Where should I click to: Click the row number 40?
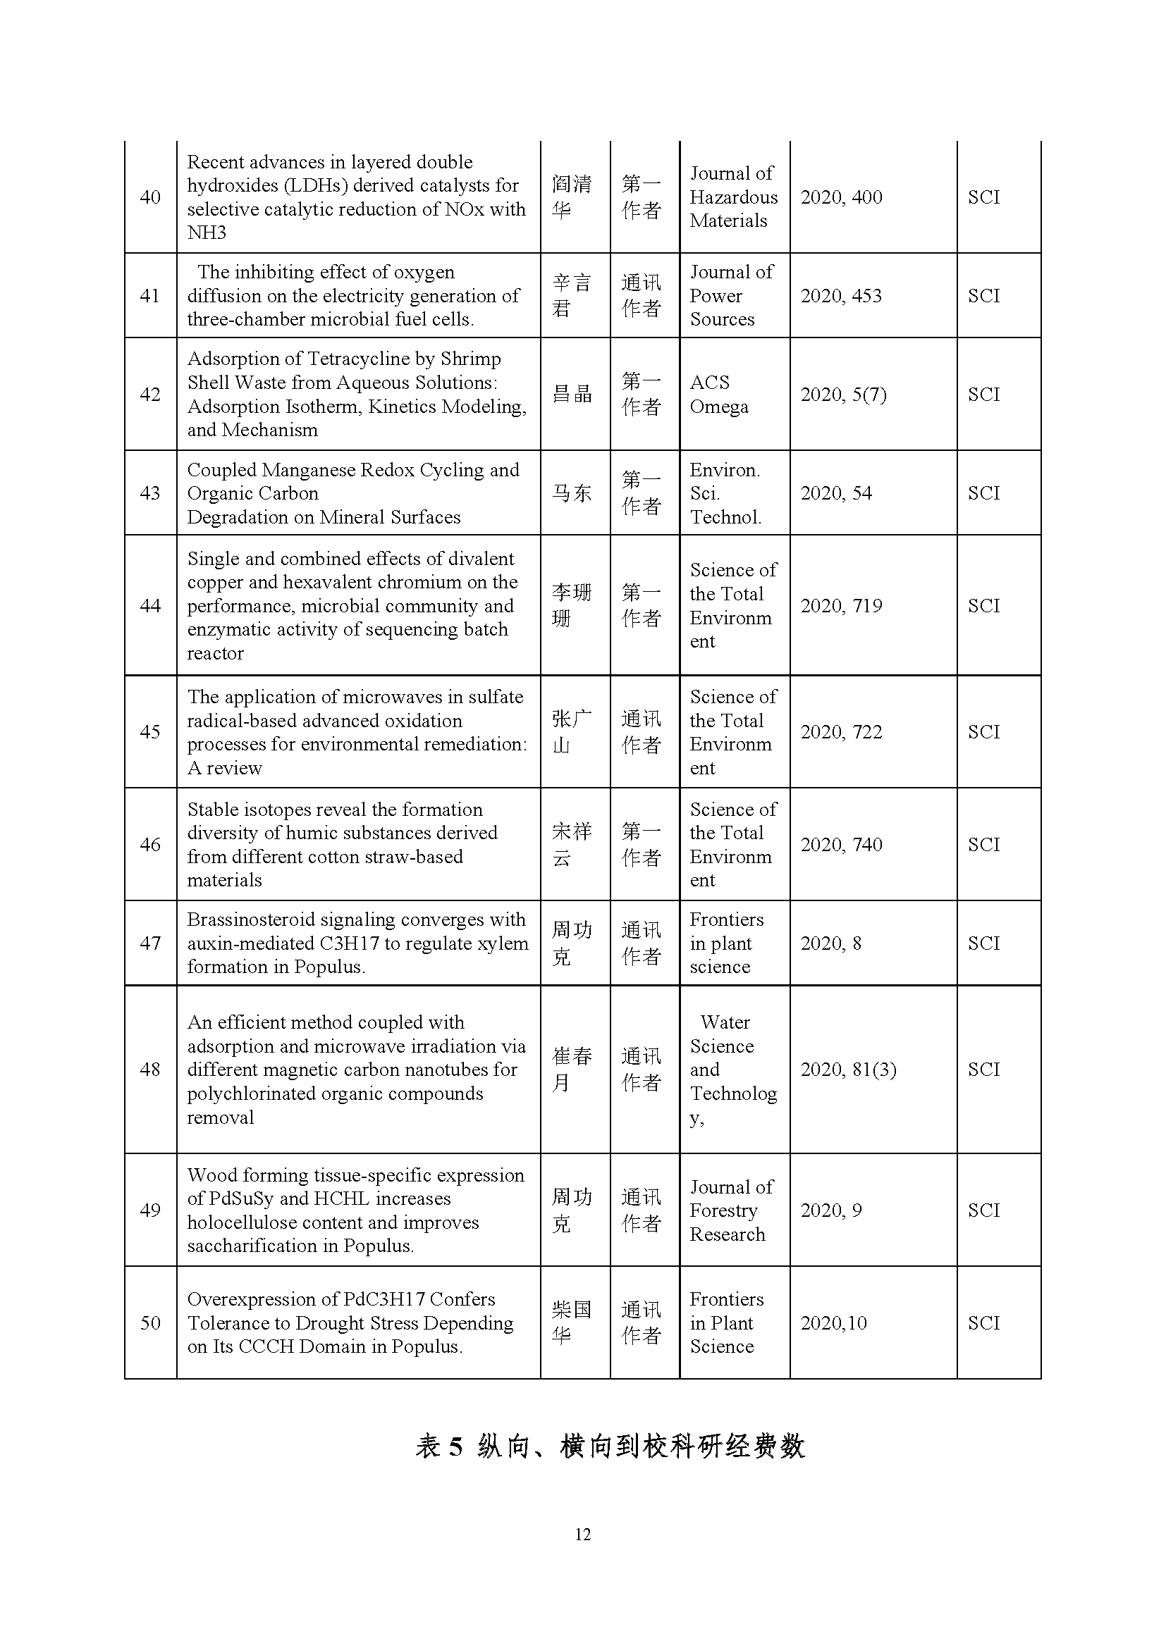(x=150, y=197)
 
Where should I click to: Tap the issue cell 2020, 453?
(x=841, y=296)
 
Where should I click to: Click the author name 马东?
(x=572, y=493)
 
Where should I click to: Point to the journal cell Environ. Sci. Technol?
(x=725, y=493)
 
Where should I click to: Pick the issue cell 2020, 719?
(x=841, y=606)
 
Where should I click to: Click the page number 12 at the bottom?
(x=582, y=1534)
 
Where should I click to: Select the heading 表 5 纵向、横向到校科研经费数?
(x=610, y=1446)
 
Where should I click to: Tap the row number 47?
(x=150, y=943)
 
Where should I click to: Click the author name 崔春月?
(x=572, y=1070)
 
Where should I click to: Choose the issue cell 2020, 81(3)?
(x=848, y=1070)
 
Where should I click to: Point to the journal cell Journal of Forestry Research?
(x=731, y=1210)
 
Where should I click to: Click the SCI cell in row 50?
(x=983, y=1323)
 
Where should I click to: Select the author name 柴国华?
(x=572, y=1323)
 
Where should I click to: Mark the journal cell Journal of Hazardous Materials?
(x=733, y=197)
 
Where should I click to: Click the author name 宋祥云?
(x=572, y=844)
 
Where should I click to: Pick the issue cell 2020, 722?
(x=841, y=732)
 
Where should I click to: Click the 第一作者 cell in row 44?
(x=641, y=606)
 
